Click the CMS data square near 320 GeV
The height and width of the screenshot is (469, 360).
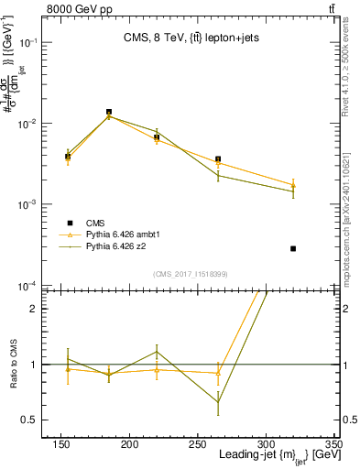[x=293, y=248]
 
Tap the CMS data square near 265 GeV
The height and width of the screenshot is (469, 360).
[x=218, y=159]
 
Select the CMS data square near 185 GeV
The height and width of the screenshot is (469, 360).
[x=109, y=112]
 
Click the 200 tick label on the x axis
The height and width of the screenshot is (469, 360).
[x=129, y=444]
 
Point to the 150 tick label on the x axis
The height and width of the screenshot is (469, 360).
[x=61, y=444]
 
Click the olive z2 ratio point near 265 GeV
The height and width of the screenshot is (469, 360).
[x=218, y=402]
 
